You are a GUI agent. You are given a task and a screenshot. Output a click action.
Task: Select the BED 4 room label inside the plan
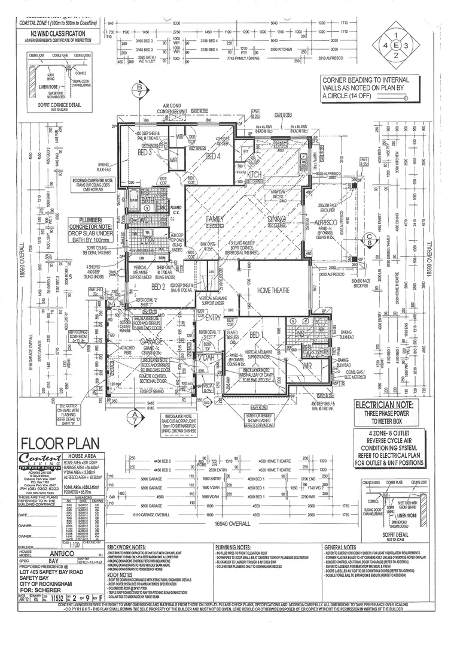[x=214, y=157]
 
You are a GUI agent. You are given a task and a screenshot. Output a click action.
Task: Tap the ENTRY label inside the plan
[x=214, y=318]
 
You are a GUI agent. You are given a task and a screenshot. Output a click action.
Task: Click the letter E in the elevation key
[x=395, y=45]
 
